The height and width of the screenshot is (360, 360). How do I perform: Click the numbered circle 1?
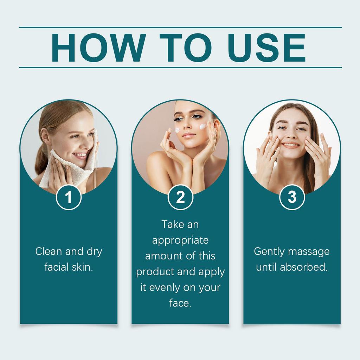(x=69, y=197)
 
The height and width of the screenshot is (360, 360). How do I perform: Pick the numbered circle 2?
(x=180, y=197)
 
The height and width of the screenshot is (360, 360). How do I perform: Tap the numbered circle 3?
(x=292, y=197)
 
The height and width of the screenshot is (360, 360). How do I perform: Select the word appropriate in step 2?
(x=180, y=240)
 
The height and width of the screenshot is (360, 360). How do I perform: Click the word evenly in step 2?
(x=166, y=288)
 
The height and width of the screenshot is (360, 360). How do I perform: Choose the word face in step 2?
(x=179, y=303)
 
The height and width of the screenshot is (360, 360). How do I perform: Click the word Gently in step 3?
(x=269, y=252)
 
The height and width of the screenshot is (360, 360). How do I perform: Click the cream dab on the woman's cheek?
(x=203, y=127)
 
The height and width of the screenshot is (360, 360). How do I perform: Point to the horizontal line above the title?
(x=180, y=27)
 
